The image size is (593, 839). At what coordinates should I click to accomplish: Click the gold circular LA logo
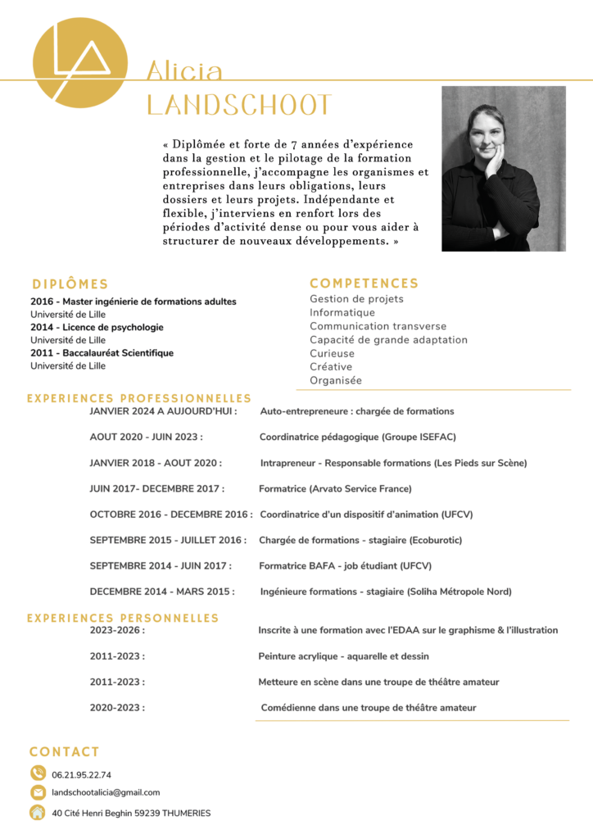(x=79, y=63)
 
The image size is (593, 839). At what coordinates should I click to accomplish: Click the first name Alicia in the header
(x=184, y=71)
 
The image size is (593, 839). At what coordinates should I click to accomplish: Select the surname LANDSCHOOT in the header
(x=239, y=105)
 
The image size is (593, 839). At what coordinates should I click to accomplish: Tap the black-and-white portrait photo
(x=503, y=169)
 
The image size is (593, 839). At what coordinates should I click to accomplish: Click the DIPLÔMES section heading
(x=70, y=284)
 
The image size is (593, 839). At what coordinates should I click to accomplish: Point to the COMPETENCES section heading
(x=364, y=283)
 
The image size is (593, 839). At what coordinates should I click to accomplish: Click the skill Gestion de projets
(x=356, y=299)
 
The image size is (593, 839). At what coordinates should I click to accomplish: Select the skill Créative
(x=331, y=367)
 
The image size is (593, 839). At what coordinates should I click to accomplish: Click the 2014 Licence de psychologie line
(x=97, y=327)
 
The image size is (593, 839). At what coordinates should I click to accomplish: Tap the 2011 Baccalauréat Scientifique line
(x=102, y=353)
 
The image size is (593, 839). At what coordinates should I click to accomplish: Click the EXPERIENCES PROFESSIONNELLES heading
(x=139, y=398)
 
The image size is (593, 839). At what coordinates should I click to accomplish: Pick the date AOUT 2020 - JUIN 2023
(x=146, y=437)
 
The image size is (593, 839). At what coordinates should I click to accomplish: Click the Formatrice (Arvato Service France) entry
(x=335, y=489)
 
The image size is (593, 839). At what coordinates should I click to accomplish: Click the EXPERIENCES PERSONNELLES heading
(x=123, y=618)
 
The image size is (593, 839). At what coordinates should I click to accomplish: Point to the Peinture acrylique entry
(x=343, y=656)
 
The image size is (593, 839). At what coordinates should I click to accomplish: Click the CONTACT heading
(x=65, y=751)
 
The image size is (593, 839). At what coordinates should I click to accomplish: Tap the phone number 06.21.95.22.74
(x=81, y=774)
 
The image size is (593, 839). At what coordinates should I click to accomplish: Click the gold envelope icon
(x=38, y=792)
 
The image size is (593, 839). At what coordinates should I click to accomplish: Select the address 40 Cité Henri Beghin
(x=131, y=813)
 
